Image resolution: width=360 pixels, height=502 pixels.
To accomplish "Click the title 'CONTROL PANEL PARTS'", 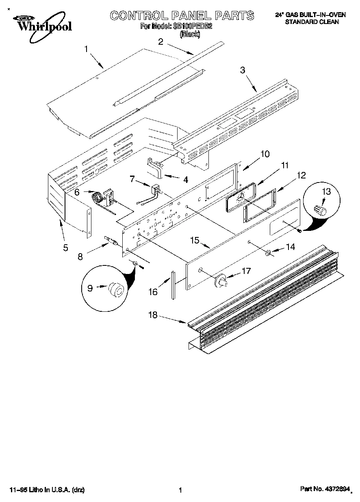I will pyautogui.click(x=182, y=16).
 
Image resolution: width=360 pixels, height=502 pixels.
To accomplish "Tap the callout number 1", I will pyautogui.click(x=86, y=49).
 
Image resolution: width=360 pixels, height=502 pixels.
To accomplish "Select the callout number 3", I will pyautogui.click(x=243, y=70).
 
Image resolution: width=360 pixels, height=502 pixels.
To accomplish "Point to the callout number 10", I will pyautogui.click(x=265, y=154).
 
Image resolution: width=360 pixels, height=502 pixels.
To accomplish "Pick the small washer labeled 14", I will pyautogui.click(x=269, y=254).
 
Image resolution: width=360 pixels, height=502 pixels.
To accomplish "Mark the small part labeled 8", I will pyautogui.click(x=111, y=242).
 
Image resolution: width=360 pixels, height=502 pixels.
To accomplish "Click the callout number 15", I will pyautogui.click(x=195, y=240).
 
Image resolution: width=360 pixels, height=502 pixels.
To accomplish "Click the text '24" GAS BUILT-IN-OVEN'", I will pyautogui.click(x=311, y=15).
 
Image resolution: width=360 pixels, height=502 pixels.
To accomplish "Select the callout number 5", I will pyautogui.click(x=65, y=248).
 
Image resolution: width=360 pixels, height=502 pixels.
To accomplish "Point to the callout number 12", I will pyautogui.click(x=301, y=175).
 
